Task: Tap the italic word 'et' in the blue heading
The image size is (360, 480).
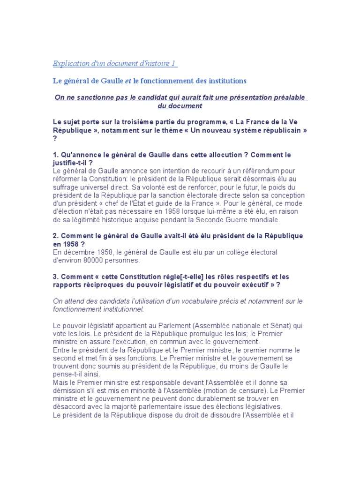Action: [127, 81]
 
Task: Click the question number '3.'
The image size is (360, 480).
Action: [55, 276]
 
